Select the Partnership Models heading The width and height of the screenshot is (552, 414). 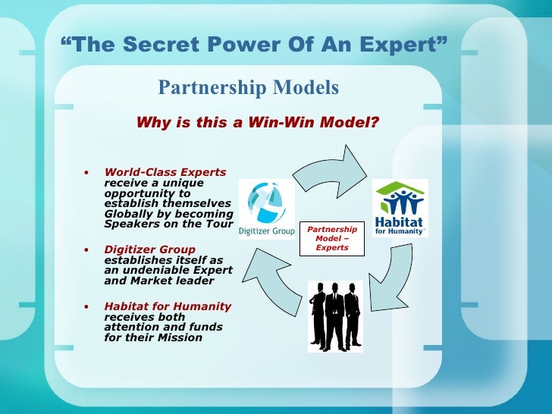[248, 88]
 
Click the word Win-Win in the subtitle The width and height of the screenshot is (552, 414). [274, 122]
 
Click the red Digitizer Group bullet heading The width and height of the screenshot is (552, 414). [149, 249]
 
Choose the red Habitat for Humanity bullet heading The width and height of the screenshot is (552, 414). [168, 306]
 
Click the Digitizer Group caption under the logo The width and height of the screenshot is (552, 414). [266, 231]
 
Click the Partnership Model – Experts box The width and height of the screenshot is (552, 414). [331, 238]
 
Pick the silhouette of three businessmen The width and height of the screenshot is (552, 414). [335, 315]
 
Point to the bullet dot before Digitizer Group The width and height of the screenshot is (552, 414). [88, 249]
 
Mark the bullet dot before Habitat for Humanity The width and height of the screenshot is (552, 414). [88, 306]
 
